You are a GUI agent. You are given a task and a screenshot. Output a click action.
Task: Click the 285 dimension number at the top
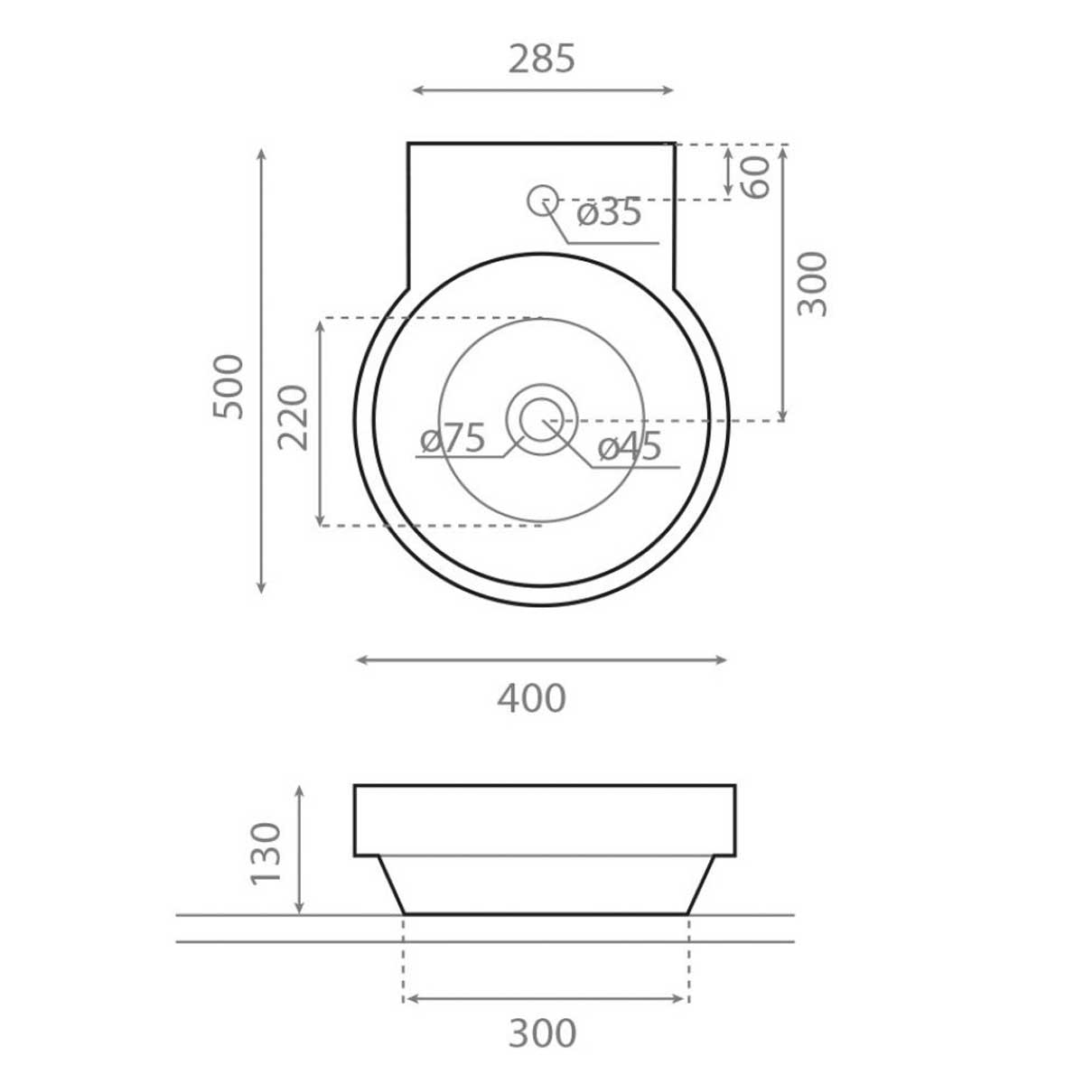click(x=542, y=59)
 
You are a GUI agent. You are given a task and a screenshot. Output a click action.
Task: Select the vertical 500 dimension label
click(x=229, y=387)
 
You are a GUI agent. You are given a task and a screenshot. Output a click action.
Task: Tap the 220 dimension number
click(x=294, y=417)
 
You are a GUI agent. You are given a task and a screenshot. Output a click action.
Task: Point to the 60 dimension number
click(x=757, y=176)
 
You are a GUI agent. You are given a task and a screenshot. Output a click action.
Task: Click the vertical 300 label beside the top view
click(x=813, y=284)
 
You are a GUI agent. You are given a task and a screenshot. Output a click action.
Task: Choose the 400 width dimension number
click(x=532, y=698)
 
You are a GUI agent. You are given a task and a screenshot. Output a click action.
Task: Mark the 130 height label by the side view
click(x=267, y=854)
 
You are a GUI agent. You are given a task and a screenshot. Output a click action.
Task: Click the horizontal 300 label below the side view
click(x=542, y=1033)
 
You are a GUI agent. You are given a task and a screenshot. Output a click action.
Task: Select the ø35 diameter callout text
click(x=609, y=213)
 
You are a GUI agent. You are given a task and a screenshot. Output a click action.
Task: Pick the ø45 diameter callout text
click(x=630, y=446)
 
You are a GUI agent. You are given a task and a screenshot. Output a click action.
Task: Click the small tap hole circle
click(x=541, y=199)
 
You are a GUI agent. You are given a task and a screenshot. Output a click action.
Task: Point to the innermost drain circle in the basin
click(x=541, y=420)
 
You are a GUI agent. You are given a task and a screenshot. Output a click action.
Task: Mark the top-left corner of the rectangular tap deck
click(x=408, y=143)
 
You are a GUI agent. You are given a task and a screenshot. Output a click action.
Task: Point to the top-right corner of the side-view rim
click(x=734, y=786)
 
